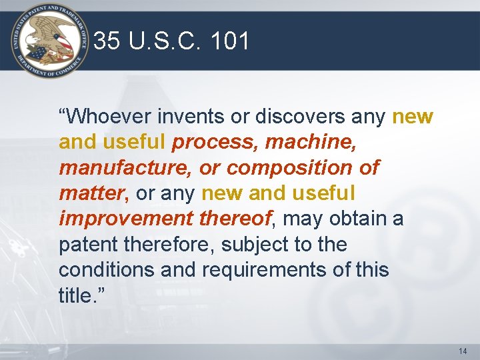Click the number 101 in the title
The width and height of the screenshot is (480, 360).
pos(229,42)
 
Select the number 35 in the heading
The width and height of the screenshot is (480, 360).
pos(107,42)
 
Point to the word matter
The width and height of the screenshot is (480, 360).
pos(91,193)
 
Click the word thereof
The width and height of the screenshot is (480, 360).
pos(234,219)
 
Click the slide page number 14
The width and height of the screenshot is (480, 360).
pos(463,351)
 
